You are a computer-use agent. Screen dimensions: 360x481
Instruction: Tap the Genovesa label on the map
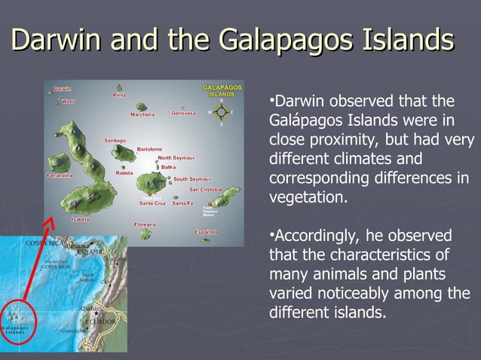(183, 114)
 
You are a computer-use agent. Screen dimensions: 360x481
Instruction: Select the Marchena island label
(142, 114)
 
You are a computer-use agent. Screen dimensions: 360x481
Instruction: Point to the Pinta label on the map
(119, 95)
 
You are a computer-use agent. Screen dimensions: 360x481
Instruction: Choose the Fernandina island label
(60, 175)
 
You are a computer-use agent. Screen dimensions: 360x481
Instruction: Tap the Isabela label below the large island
(80, 219)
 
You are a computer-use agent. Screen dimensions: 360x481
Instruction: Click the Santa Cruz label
(152, 203)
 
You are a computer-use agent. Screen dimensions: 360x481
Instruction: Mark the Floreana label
(145, 224)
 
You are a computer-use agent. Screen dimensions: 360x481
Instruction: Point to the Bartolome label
(149, 149)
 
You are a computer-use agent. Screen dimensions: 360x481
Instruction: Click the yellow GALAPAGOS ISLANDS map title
(222, 90)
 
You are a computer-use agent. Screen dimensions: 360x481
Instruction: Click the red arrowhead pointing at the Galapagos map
(51, 222)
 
